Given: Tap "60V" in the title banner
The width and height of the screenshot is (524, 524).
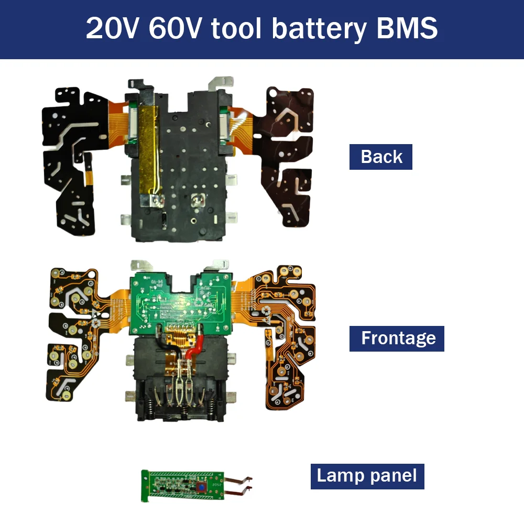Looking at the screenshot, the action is pyautogui.click(x=176, y=28).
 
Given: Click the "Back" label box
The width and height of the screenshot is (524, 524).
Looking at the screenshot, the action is pyautogui.click(x=381, y=157).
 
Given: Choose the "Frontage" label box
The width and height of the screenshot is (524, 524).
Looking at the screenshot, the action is pyautogui.click(x=397, y=338).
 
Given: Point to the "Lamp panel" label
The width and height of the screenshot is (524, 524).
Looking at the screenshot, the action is pyautogui.click(x=367, y=476).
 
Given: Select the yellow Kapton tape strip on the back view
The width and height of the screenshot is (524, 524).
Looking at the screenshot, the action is pyautogui.click(x=149, y=141).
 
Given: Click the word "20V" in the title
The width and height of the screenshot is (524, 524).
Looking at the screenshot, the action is pyautogui.click(x=113, y=28).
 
